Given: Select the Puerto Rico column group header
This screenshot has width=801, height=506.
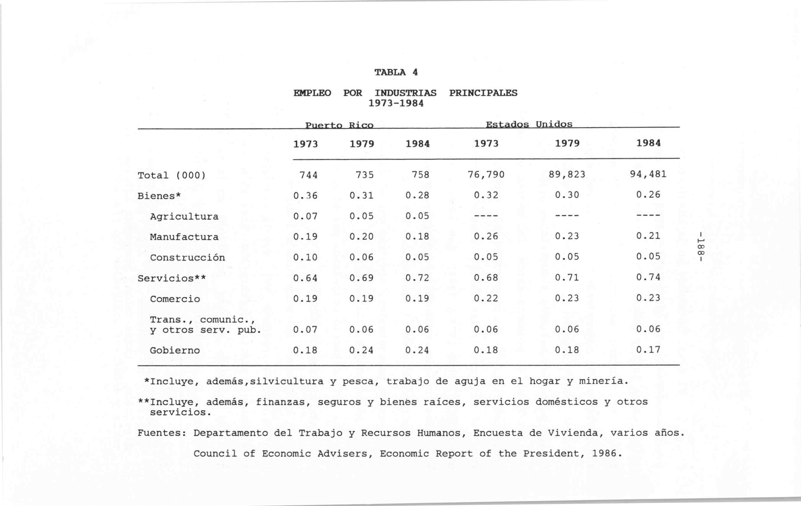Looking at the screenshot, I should coord(339,125).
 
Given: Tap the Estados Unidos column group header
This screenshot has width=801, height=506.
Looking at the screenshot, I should coord(529,124).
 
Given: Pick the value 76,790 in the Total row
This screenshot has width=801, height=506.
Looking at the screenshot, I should coord(486,175).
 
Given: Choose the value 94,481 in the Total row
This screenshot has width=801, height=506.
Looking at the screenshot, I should coord(648,174).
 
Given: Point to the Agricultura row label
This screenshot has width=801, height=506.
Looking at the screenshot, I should coord(184,217).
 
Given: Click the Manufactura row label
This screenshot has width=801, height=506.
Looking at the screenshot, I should coord(184,237).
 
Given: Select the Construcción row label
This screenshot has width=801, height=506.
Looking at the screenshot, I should coord(187,258).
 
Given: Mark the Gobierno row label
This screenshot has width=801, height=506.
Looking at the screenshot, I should coord(175,350).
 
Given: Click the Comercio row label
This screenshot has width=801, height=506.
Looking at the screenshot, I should coord(175,299).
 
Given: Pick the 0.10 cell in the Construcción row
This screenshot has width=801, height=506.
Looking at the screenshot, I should coord(305,257).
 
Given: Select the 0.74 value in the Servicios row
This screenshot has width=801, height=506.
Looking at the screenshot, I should coord(648,277).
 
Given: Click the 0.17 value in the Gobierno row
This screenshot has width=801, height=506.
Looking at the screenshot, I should coord(648,350).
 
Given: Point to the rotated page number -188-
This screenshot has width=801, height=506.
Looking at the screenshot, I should coord(701,246).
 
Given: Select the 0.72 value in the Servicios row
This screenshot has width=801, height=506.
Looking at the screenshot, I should coord(417,278).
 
